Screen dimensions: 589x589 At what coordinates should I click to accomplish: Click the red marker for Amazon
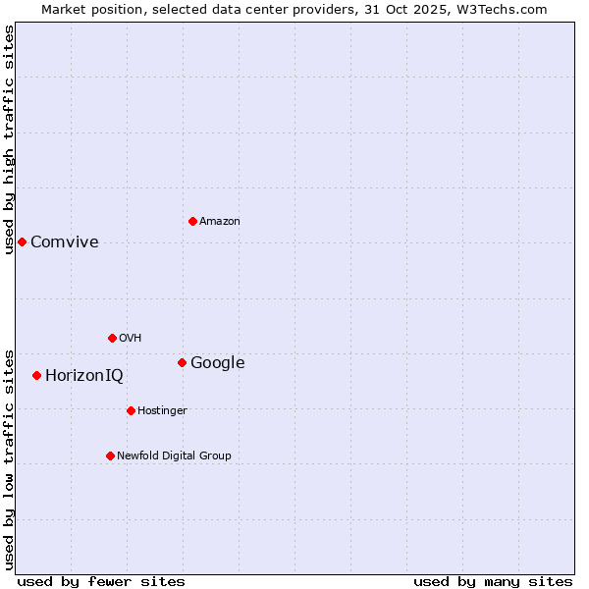click(x=192, y=221)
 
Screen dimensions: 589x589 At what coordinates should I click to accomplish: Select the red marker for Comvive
click(x=22, y=241)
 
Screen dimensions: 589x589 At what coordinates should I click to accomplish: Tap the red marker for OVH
click(x=112, y=338)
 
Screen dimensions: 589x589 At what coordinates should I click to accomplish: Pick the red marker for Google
click(x=182, y=362)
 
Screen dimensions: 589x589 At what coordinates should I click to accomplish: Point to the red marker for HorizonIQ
click(x=36, y=375)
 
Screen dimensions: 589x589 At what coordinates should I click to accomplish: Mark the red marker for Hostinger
click(x=131, y=410)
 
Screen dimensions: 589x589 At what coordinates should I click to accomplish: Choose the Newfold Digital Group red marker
click(x=110, y=455)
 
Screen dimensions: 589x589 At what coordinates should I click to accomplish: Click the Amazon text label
click(x=220, y=222)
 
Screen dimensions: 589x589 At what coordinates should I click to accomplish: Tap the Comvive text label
click(x=65, y=242)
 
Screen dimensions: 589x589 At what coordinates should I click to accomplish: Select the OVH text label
click(x=131, y=339)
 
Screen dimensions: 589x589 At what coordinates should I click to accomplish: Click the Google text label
click(x=218, y=363)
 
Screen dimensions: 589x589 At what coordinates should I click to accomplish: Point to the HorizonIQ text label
click(x=84, y=376)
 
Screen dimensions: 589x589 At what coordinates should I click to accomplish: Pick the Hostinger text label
click(x=162, y=411)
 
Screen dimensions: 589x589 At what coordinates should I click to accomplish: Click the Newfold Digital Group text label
click(x=174, y=456)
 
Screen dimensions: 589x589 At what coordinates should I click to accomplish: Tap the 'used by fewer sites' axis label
click(x=101, y=581)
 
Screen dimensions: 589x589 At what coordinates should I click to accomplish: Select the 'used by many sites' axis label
click(x=493, y=581)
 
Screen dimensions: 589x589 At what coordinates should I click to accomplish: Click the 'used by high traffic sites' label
click(x=9, y=139)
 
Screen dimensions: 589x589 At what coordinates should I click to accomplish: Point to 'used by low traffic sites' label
click(x=9, y=459)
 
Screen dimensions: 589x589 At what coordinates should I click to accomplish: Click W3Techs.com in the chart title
click(x=506, y=9)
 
